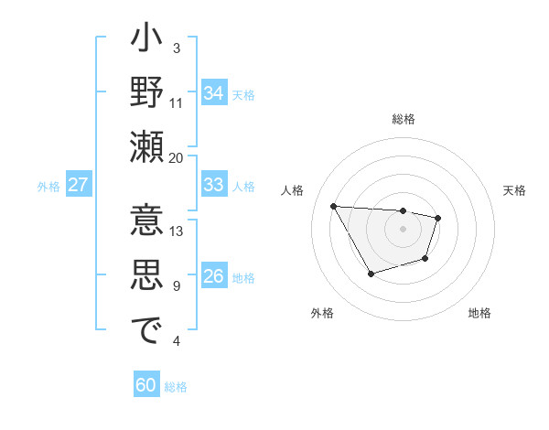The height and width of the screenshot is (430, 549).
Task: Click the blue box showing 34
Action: point(213,93)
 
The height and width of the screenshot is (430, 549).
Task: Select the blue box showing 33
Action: point(213,185)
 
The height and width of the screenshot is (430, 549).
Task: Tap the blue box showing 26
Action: point(213,277)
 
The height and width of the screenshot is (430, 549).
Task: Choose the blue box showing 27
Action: point(79,185)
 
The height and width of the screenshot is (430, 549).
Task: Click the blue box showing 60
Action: point(146,385)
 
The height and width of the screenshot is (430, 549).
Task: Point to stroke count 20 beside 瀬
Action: point(177,157)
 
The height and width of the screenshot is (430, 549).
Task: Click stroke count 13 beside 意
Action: point(177,231)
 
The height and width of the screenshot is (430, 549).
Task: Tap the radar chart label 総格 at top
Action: point(403,119)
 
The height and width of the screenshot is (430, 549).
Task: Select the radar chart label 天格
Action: point(514,190)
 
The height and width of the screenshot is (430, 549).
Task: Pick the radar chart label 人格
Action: point(292,190)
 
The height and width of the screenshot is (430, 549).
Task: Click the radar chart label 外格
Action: point(321,313)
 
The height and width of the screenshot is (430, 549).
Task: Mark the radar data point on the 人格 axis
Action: point(333,206)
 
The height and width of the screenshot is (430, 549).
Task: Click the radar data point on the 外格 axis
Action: point(371,274)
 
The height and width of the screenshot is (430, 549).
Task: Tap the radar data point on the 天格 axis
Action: point(438,218)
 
